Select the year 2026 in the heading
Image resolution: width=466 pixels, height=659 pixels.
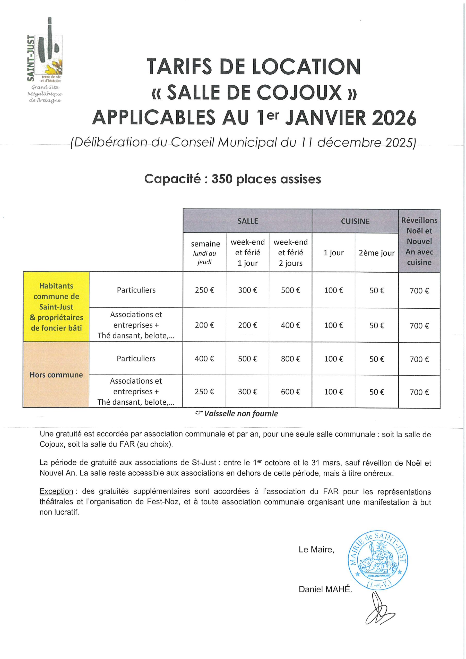click(x=394, y=118)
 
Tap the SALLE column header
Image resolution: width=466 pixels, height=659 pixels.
click(x=247, y=221)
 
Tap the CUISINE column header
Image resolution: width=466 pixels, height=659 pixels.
click(x=355, y=221)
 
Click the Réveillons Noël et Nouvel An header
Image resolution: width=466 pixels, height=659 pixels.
click(x=419, y=241)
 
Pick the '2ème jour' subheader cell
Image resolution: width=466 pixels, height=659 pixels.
click(x=376, y=253)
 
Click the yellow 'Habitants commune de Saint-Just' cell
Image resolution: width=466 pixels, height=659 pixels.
click(x=56, y=307)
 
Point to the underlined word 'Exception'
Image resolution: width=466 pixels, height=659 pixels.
click(x=56, y=491)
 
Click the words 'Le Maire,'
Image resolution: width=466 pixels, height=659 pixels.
click(x=316, y=549)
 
